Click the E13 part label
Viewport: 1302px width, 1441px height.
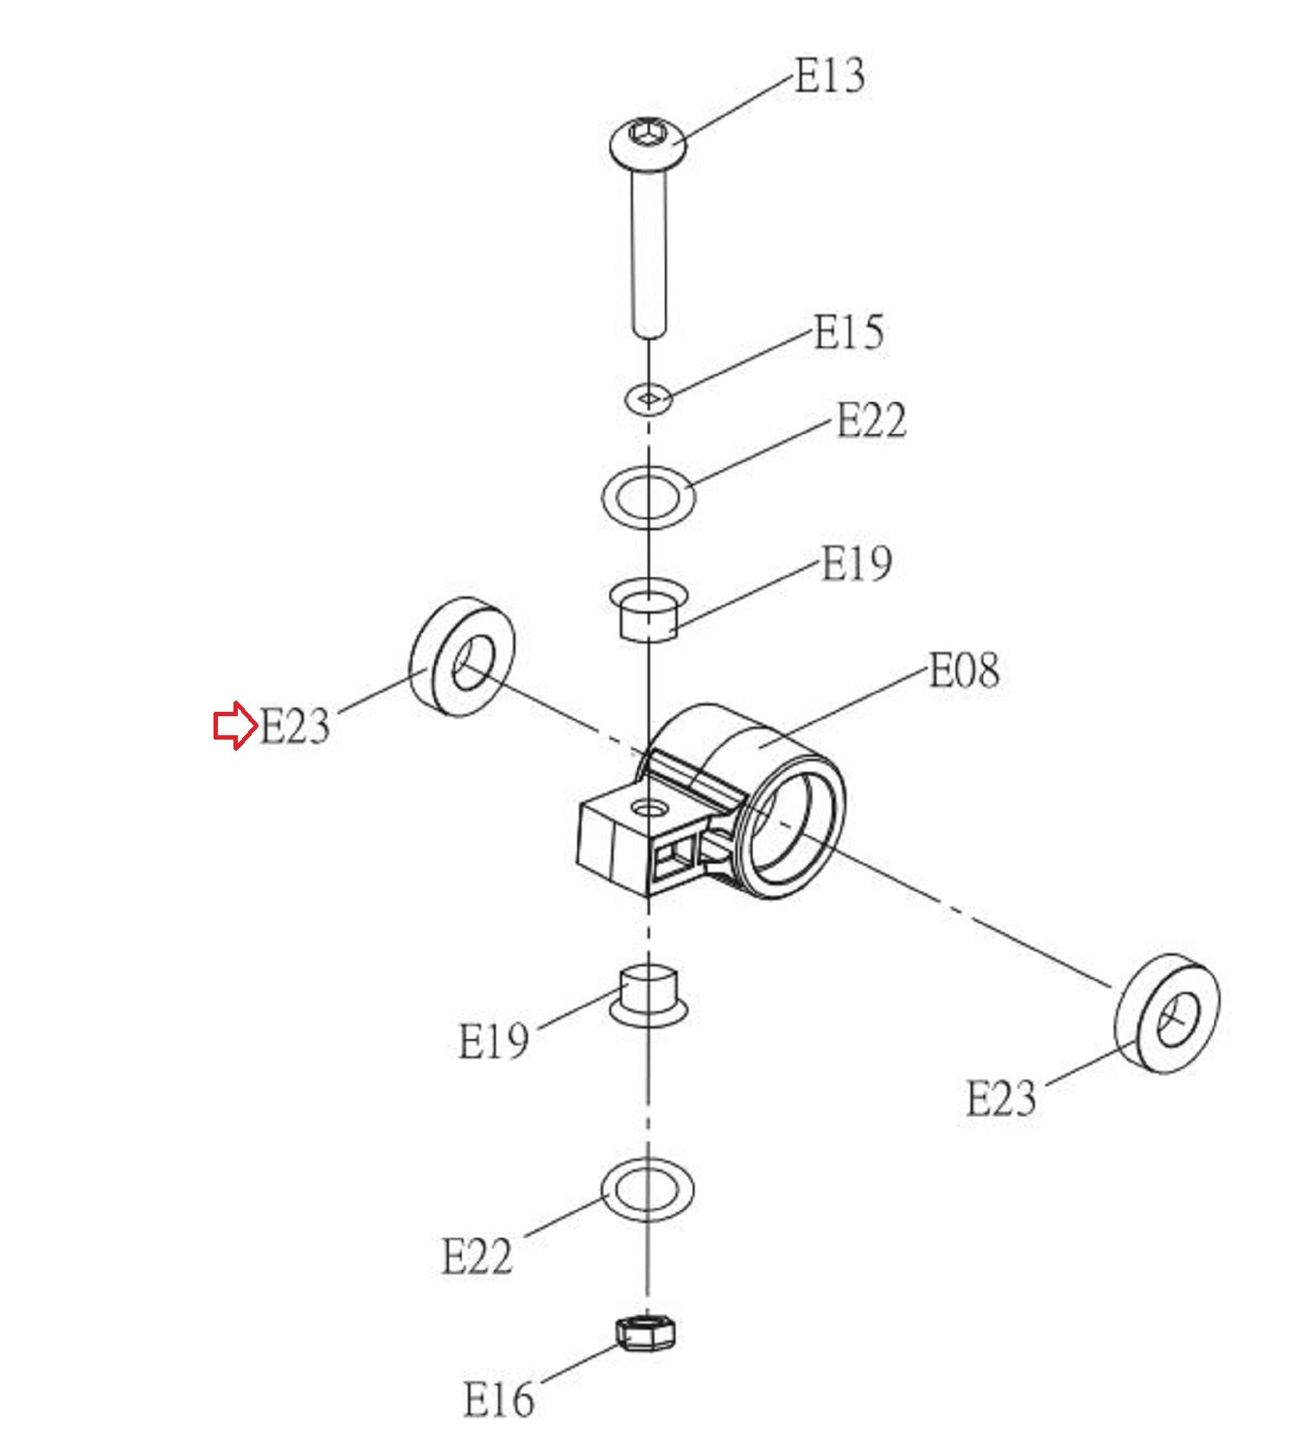[831, 76]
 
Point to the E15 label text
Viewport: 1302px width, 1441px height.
[849, 332]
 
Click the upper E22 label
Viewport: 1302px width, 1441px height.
[871, 421]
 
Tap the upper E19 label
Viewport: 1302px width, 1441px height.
[857, 563]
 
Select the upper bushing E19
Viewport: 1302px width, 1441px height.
[648, 610]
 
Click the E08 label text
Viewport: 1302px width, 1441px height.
[964, 670]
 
